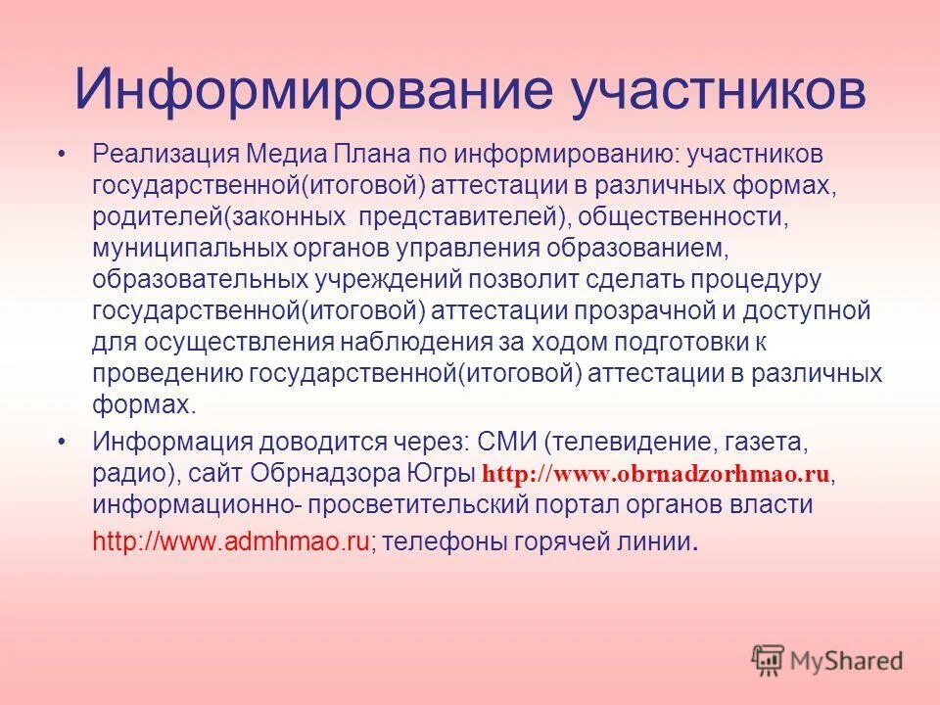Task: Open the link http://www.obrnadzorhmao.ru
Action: [657, 474]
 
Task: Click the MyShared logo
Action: [827, 659]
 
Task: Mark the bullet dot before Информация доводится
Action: [64, 442]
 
